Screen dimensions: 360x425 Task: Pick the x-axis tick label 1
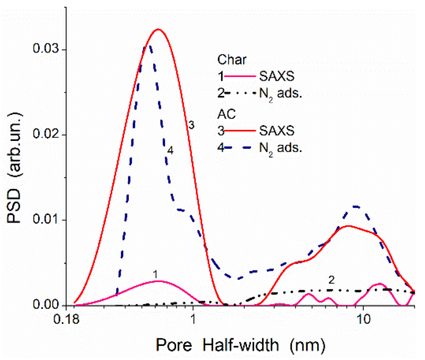pos(193,320)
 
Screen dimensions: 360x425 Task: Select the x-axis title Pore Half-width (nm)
pos(240,346)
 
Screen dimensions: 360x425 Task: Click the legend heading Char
pos(232,60)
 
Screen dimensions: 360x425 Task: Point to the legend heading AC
pos(227,114)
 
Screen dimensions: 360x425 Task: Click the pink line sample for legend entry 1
pos(240,76)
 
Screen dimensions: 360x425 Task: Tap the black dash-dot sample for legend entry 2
pos(240,93)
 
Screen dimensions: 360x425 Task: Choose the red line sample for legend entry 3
pos(240,131)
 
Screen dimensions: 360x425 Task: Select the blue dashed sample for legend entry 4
pos(240,148)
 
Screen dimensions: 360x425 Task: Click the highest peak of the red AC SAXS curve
pos(158,29)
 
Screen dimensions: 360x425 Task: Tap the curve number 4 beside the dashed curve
pos(170,150)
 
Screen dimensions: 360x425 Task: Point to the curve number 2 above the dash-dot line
pos(331,280)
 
